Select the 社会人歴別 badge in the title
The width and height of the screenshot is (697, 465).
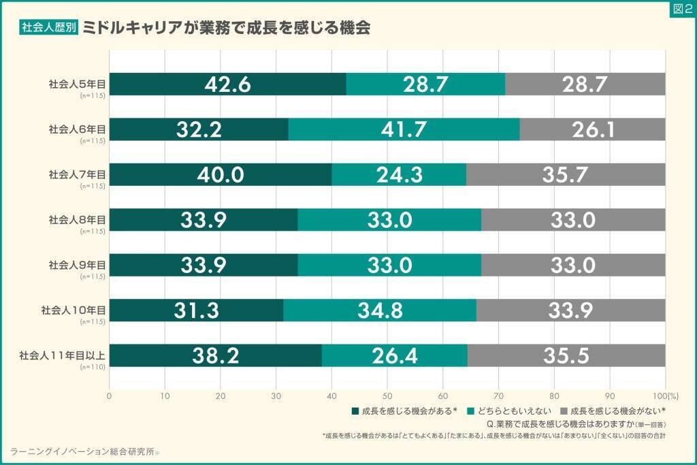(50, 28)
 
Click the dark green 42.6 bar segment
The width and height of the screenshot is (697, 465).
(227, 84)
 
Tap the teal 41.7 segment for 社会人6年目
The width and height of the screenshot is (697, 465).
(404, 129)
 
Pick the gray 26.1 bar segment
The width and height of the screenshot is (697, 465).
(592, 129)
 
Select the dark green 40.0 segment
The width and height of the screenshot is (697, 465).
(221, 174)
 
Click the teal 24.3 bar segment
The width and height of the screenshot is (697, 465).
(399, 174)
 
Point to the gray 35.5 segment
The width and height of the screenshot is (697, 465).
(566, 355)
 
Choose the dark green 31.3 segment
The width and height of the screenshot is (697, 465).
(196, 310)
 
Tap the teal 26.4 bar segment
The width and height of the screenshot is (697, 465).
(395, 355)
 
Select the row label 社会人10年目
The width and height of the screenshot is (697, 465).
(74, 310)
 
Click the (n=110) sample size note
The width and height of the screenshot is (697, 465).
(93, 367)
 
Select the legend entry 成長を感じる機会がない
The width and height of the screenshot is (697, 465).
(613, 411)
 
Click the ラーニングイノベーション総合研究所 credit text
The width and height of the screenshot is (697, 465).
(83, 451)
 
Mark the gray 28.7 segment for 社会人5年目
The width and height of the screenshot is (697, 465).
(585, 84)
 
